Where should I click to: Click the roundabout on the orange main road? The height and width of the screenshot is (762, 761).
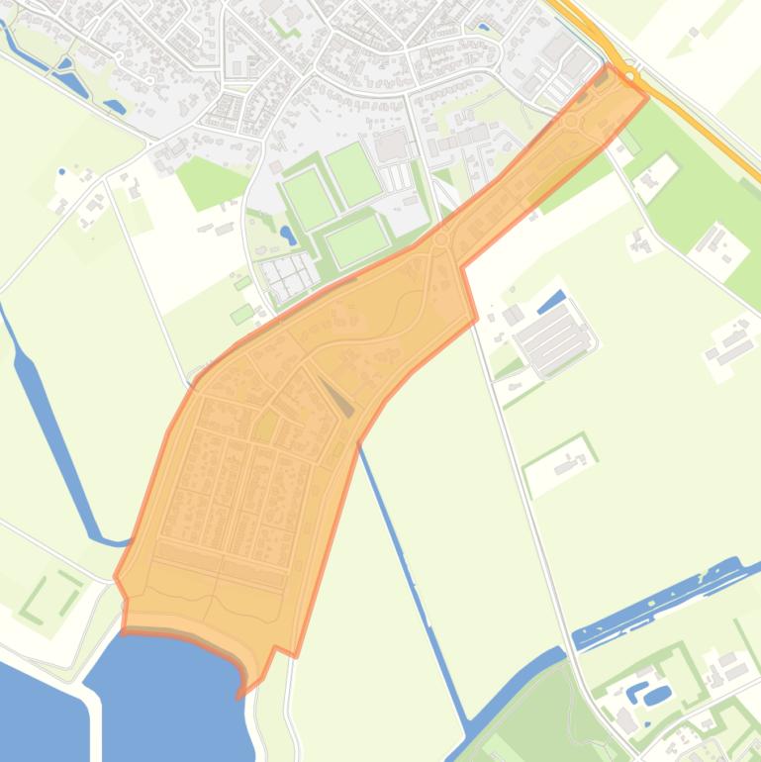pyautogui.click(x=630, y=76)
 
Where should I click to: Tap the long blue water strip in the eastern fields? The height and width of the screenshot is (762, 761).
pyautogui.click(x=658, y=602)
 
